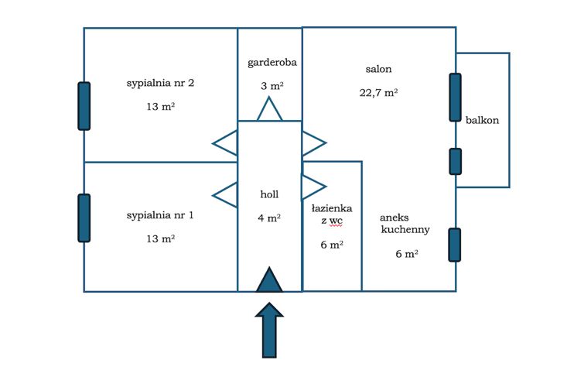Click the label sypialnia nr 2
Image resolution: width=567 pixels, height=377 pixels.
159,83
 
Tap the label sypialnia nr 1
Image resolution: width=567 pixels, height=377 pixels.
159,215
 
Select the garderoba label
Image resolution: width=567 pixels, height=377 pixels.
272,62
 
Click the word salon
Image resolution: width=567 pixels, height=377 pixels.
378,69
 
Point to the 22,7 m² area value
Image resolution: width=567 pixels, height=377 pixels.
378,92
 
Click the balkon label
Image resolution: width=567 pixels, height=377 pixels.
482,120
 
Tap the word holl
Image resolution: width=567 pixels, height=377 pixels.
269,194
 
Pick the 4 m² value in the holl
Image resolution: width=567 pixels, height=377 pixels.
269,218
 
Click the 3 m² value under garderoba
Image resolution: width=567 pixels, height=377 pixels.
272,85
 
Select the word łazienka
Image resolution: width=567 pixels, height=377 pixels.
333,208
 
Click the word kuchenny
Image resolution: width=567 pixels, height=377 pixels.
405,230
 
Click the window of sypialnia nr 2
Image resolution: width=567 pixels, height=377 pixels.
84,105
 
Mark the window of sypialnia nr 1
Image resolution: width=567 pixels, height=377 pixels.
84,218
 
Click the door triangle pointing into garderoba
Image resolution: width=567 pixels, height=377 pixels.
269,110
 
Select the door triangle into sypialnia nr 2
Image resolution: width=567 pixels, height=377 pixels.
226,142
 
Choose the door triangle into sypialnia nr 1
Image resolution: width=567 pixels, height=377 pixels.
226,194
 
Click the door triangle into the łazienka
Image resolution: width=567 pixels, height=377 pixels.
313,187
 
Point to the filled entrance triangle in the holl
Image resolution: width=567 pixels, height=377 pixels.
269,279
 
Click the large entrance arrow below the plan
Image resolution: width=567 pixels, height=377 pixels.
269,330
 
